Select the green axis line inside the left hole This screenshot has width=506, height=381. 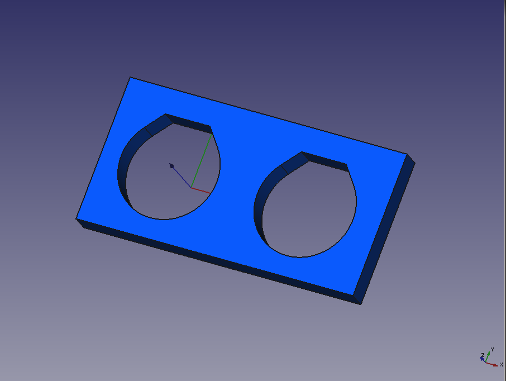(202, 161)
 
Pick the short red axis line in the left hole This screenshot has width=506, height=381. (201, 190)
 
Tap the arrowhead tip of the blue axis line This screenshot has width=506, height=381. (170, 164)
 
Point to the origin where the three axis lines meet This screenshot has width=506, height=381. (191, 188)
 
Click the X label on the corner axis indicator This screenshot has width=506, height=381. (501, 365)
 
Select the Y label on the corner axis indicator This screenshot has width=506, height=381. (492, 349)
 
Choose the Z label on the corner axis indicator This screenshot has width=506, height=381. (483, 355)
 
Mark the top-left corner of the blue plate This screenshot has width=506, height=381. (130, 77)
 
